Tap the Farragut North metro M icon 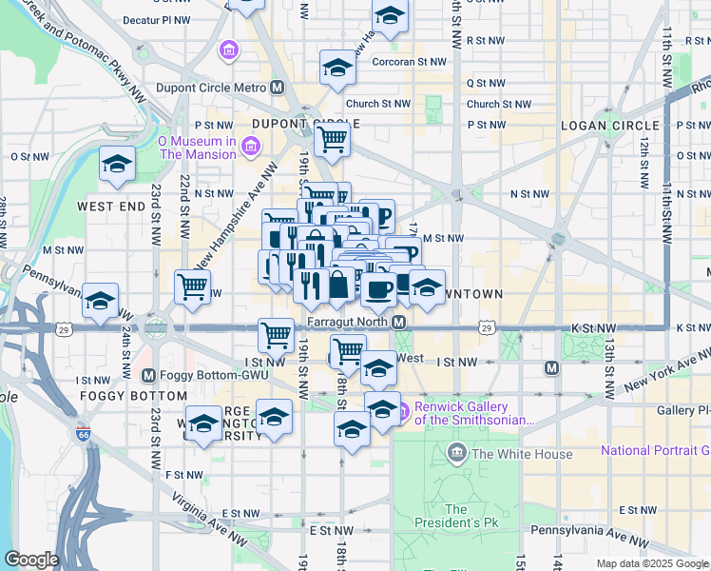[400, 324]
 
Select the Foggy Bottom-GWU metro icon [147, 374]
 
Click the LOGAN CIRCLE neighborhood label [610, 126]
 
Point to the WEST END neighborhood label [110, 206]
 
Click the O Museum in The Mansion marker [250, 147]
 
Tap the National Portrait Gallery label [655, 450]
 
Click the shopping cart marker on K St [276, 334]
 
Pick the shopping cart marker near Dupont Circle [332, 140]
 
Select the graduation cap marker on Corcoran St [337, 68]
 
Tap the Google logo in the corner [30, 560]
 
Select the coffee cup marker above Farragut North [378, 288]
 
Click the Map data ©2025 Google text [651, 563]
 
